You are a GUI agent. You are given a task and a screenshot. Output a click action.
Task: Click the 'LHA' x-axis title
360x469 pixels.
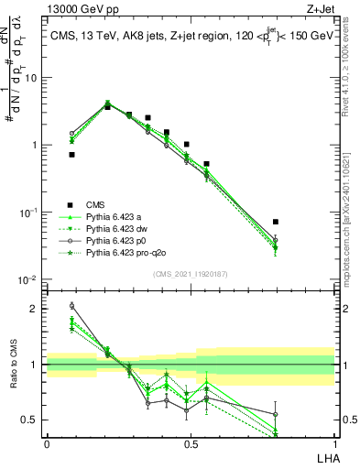tap(325, 457)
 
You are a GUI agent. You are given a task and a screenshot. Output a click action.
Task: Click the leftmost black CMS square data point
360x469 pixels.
tap(71, 155)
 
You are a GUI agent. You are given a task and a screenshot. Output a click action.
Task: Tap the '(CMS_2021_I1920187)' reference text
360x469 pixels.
tap(190, 274)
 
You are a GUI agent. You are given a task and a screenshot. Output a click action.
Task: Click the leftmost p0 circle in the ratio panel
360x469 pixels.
tap(71, 306)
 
